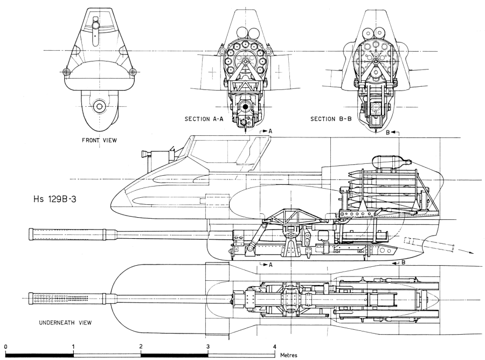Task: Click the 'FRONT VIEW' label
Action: tap(99, 140)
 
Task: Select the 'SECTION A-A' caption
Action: tap(204, 119)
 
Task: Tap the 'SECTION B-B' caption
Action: tap(331, 119)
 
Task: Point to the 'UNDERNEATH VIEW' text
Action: tap(65, 323)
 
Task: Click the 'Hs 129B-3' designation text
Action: tap(54, 198)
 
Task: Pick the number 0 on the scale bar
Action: tap(6, 346)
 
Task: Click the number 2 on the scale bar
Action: tap(141, 346)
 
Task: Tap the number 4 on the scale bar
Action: tap(275, 346)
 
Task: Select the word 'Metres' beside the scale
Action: tap(289, 355)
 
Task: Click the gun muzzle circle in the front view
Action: tap(99, 106)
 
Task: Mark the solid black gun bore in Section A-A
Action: tap(245, 107)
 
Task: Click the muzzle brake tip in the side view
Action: tap(31, 234)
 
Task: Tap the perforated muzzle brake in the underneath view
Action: tap(59, 299)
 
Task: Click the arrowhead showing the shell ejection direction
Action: tap(471, 252)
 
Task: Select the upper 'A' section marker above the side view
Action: tap(270, 131)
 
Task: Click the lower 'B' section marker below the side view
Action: tap(403, 262)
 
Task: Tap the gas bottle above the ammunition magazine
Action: tap(392, 162)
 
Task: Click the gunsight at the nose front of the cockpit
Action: tap(145, 154)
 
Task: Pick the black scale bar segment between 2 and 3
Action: tap(175, 355)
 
